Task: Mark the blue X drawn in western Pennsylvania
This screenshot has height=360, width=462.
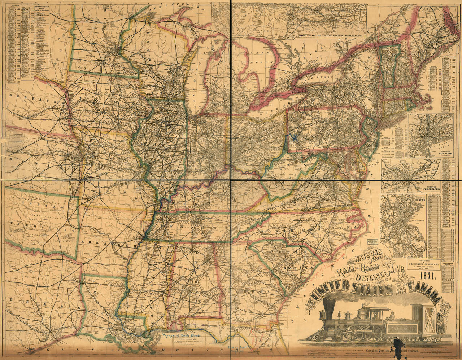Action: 295,137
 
